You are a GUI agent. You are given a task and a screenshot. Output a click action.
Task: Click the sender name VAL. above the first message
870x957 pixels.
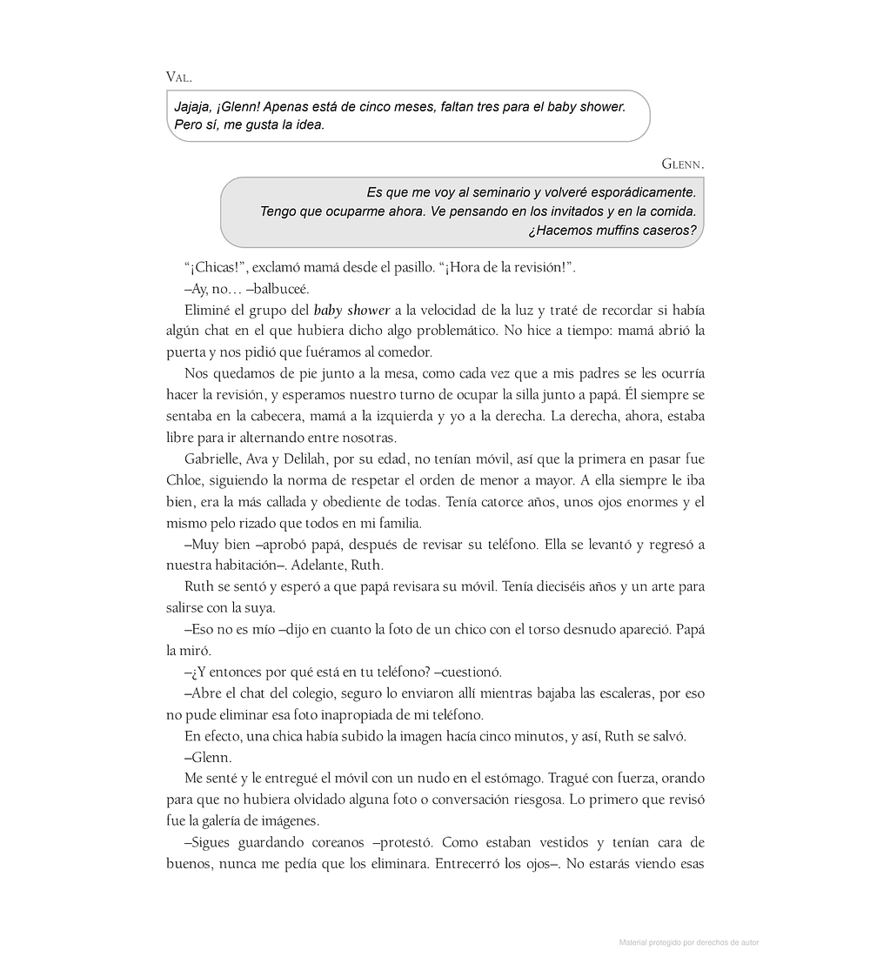pos(178,77)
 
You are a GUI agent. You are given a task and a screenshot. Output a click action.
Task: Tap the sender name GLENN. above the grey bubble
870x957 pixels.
pos(683,164)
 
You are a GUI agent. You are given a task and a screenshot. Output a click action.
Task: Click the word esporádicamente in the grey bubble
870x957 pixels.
pos(638,192)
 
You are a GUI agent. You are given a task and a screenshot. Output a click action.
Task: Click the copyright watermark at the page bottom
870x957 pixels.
pos(688,942)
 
